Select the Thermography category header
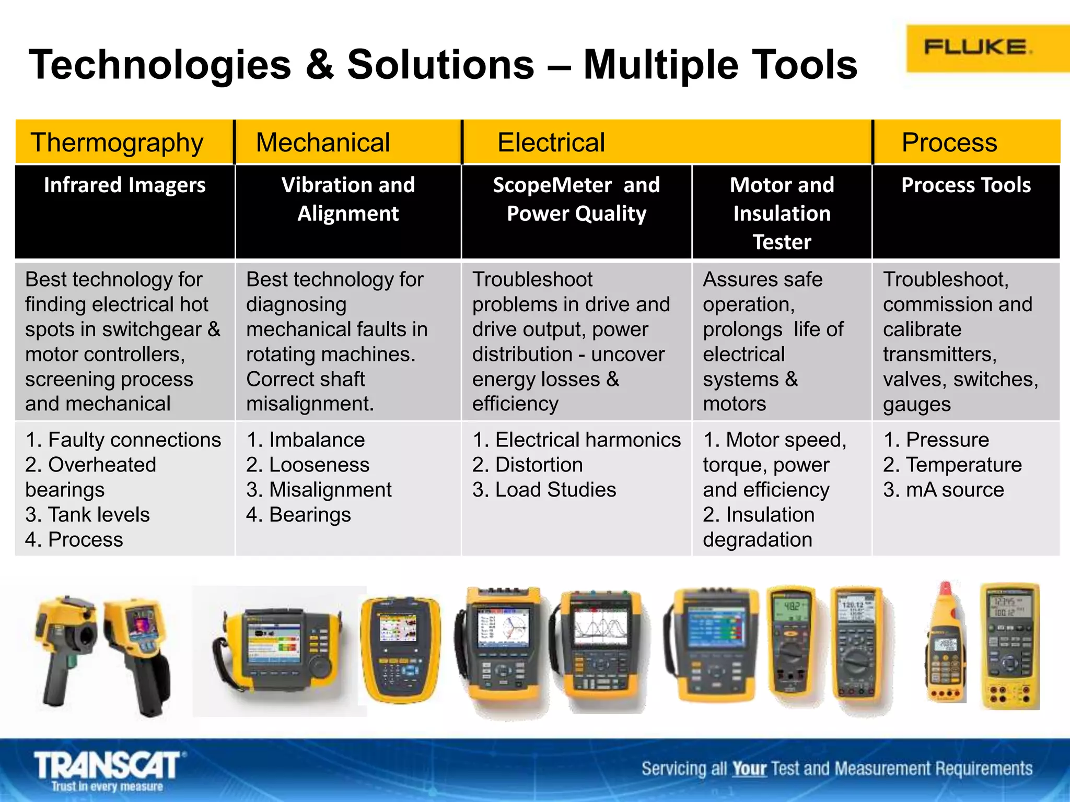117,143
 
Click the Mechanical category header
323,143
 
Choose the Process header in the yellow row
949,143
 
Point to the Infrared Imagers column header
124,185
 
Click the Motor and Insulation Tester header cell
782,213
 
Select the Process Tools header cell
966,185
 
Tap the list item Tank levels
87,515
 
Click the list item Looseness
308,465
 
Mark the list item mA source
944,490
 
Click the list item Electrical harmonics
577,440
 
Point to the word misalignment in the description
310,404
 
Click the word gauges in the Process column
917,404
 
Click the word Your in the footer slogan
749,769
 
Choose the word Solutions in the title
440,65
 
